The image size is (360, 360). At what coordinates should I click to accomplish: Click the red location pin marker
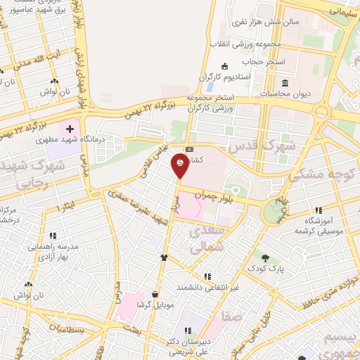tap(180, 166)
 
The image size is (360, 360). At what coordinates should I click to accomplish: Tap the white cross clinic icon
tap(70, 130)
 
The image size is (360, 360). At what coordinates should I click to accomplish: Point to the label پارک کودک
tap(266, 268)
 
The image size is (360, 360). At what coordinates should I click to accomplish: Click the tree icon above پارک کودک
tap(265, 257)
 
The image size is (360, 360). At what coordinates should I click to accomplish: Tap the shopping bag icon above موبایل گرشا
tap(154, 295)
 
